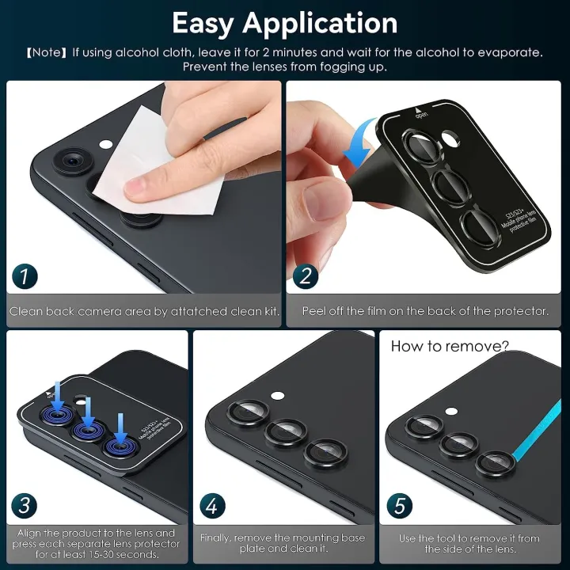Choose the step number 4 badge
(x=213, y=504)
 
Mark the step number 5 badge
(x=401, y=504)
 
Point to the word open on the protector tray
(x=419, y=113)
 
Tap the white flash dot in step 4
(x=276, y=395)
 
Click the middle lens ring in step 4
(x=286, y=432)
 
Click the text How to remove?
(x=449, y=346)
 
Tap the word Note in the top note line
(x=48, y=52)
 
